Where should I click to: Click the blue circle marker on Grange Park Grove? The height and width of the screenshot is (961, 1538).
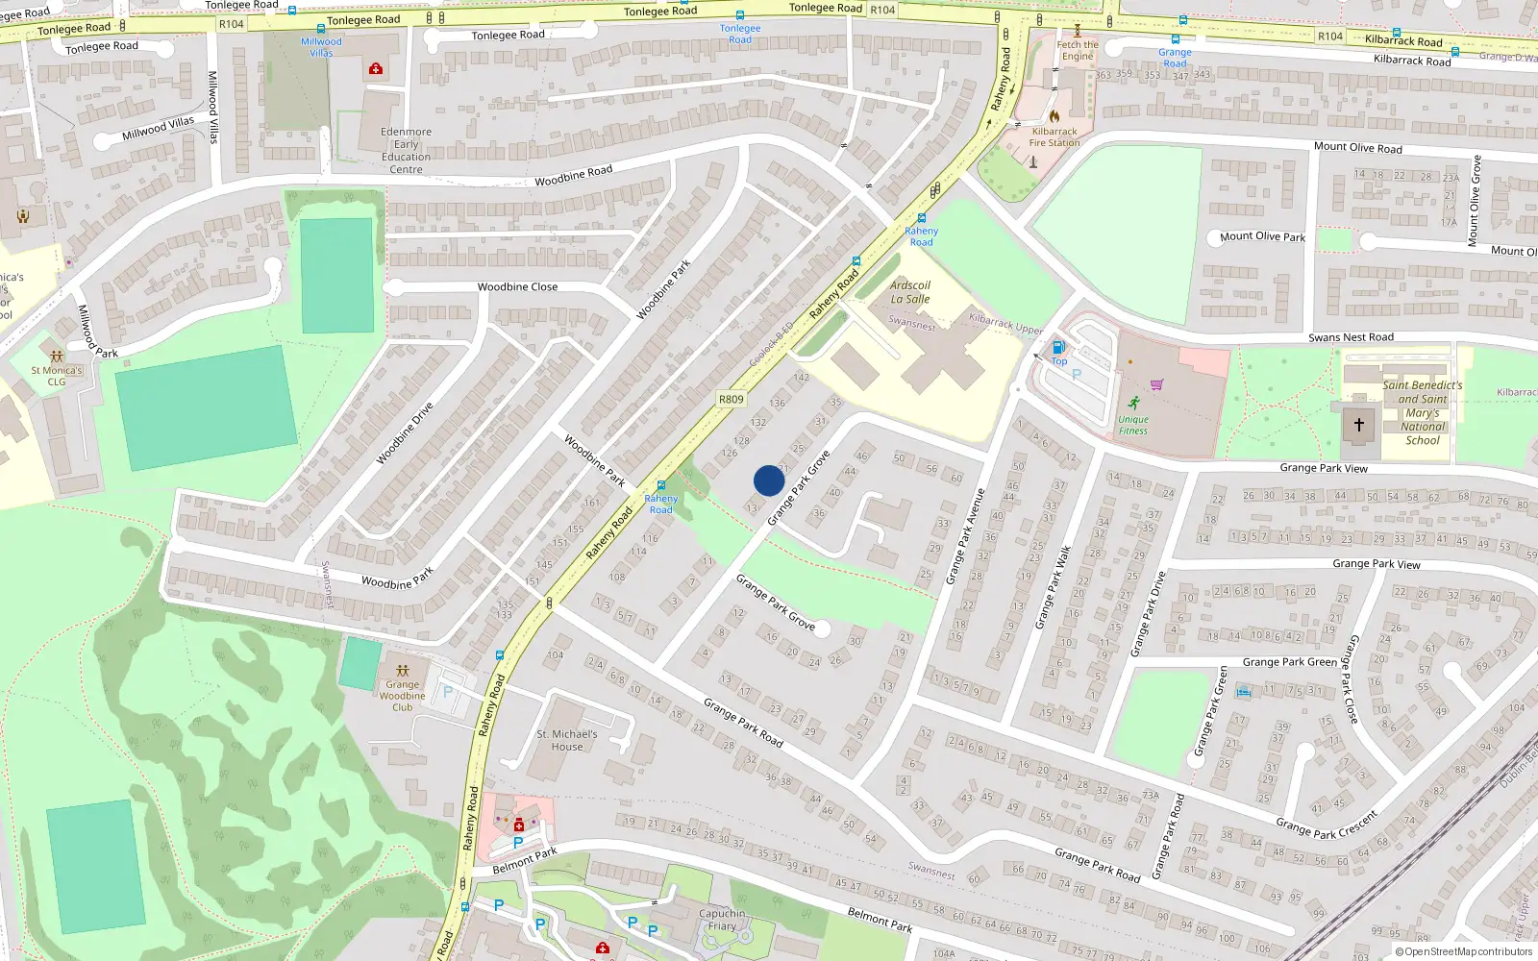(x=769, y=480)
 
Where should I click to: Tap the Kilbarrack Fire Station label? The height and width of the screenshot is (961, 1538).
(x=1054, y=137)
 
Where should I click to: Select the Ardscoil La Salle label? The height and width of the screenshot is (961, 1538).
(x=909, y=292)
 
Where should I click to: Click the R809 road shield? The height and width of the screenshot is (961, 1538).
(x=731, y=399)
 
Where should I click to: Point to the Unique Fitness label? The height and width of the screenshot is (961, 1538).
(x=1133, y=425)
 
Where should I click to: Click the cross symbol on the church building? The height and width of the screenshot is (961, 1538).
(x=1358, y=424)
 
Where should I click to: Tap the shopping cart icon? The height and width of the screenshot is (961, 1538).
(x=1156, y=384)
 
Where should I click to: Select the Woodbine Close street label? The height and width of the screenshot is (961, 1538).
(x=517, y=287)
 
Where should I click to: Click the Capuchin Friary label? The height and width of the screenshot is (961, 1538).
(x=722, y=920)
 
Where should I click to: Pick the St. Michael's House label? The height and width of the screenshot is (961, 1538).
(x=567, y=740)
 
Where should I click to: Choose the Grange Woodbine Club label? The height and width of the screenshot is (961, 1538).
(x=402, y=696)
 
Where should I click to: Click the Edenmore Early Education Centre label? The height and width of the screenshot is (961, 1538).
(x=406, y=151)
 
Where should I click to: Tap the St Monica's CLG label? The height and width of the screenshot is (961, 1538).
(x=57, y=376)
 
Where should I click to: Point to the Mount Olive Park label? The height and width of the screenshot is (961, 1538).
(x=1262, y=236)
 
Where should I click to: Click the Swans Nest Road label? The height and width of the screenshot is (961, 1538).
(x=1351, y=337)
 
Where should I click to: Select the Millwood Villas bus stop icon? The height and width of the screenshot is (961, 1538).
(x=321, y=29)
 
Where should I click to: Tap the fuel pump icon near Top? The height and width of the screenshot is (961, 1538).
(x=1058, y=347)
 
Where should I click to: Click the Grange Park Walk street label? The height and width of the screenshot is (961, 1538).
(x=1053, y=587)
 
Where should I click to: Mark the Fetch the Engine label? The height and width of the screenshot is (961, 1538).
(x=1078, y=50)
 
